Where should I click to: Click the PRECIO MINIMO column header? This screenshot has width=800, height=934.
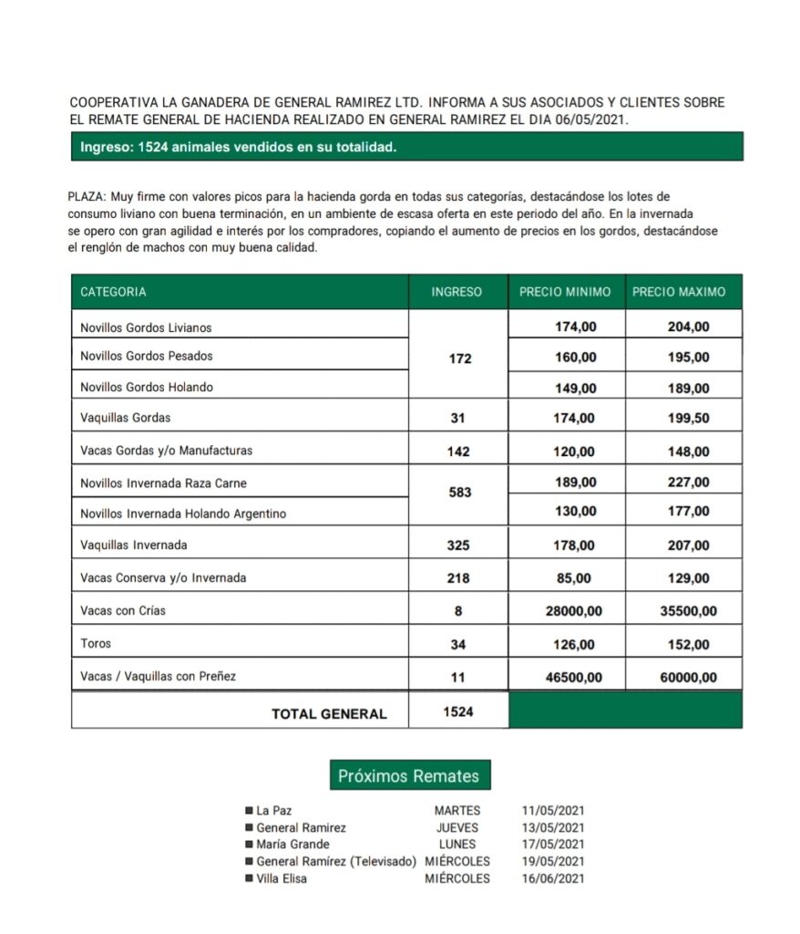pyautogui.click(x=565, y=293)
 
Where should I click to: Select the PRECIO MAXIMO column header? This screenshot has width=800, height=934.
pyautogui.click(x=679, y=293)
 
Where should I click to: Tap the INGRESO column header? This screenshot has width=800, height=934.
pyautogui.click(x=456, y=293)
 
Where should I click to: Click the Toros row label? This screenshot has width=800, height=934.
pyautogui.click(x=96, y=644)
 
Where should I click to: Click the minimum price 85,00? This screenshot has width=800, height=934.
pyautogui.click(x=574, y=578)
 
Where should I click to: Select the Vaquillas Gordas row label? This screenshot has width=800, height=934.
pyautogui.click(x=126, y=419)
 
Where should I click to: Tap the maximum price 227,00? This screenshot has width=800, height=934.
pyautogui.click(x=688, y=483)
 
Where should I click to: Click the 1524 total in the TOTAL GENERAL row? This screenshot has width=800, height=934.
pyautogui.click(x=458, y=712)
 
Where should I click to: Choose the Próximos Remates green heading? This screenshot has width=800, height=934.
pyautogui.click(x=409, y=776)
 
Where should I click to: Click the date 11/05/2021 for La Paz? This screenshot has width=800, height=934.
pyautogui.click(x=553, y=810)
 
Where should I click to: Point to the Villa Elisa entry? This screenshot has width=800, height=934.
pyautogui.click(x=282, y=879)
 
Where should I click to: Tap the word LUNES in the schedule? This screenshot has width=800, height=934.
pyautogui.click(x=457, y=845)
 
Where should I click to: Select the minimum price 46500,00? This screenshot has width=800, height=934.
pyautogui.click(x=574, y=678)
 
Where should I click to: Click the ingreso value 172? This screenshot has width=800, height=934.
pyautogui.click(x=460, y=358)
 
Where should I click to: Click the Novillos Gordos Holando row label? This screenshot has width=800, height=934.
pyautogui.click(x=147, y=388)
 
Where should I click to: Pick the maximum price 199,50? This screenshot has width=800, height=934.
pyautogui.click(x=688, y=419)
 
